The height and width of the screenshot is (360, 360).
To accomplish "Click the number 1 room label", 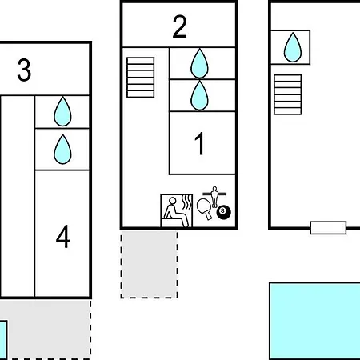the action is (199, 143).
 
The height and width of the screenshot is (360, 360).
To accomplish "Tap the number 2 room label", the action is (180, 26).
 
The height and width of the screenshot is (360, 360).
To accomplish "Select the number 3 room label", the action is (24, 70).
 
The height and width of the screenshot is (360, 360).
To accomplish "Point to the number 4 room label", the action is (63, 236).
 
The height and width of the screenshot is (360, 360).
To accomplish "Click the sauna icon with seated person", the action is (177, 210).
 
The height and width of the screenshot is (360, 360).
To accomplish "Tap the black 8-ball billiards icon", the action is (223, 212).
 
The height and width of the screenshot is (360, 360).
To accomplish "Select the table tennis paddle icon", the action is (205, 209).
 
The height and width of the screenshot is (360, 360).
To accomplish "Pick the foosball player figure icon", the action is (214, 196).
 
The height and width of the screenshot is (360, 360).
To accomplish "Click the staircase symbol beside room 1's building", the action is (141, 78).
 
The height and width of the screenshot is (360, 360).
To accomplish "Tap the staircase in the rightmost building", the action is (288, 94).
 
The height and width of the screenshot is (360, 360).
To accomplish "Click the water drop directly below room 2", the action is (199, 63).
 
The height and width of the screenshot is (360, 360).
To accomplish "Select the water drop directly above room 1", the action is (199, 95).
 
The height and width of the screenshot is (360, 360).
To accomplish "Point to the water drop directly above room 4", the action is (62, 150).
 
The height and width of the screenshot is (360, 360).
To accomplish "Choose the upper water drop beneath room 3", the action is (62, 111).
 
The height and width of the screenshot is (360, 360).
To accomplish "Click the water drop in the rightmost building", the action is (293, 47).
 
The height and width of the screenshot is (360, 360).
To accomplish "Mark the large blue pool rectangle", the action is (315, 321).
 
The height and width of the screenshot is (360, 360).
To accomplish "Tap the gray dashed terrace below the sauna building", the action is (150, 265).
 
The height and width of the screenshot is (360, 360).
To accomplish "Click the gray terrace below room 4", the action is (46, 330).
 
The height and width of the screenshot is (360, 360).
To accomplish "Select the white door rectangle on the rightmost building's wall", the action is (328, 228).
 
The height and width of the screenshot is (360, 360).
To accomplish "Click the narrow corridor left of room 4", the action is (18, 196).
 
